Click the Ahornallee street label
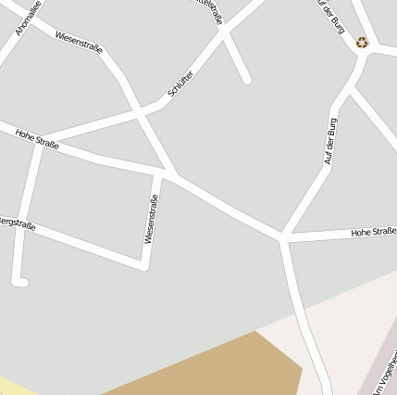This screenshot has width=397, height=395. (x=28, y=18)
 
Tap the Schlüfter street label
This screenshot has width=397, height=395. (x=180, y=83)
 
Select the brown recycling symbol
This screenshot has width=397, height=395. (x=362, y=42)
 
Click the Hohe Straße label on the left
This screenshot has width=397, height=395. (x=37, y=139)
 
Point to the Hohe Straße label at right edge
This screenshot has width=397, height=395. (x=373, y=231)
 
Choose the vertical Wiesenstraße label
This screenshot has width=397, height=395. (x=151, y=219)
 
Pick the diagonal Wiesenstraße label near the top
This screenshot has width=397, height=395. (x=79, y=42)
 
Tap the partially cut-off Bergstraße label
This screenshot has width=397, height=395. (x=17, y=223)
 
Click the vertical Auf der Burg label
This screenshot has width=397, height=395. (x=331, y=141)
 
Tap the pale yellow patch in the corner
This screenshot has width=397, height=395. (x=14, y=386)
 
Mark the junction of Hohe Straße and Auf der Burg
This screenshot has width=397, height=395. (x=283, y=238)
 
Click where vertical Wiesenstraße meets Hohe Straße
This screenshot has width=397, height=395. (x=165, y=172)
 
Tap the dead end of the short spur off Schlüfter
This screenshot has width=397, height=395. (x=247, y=81)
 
